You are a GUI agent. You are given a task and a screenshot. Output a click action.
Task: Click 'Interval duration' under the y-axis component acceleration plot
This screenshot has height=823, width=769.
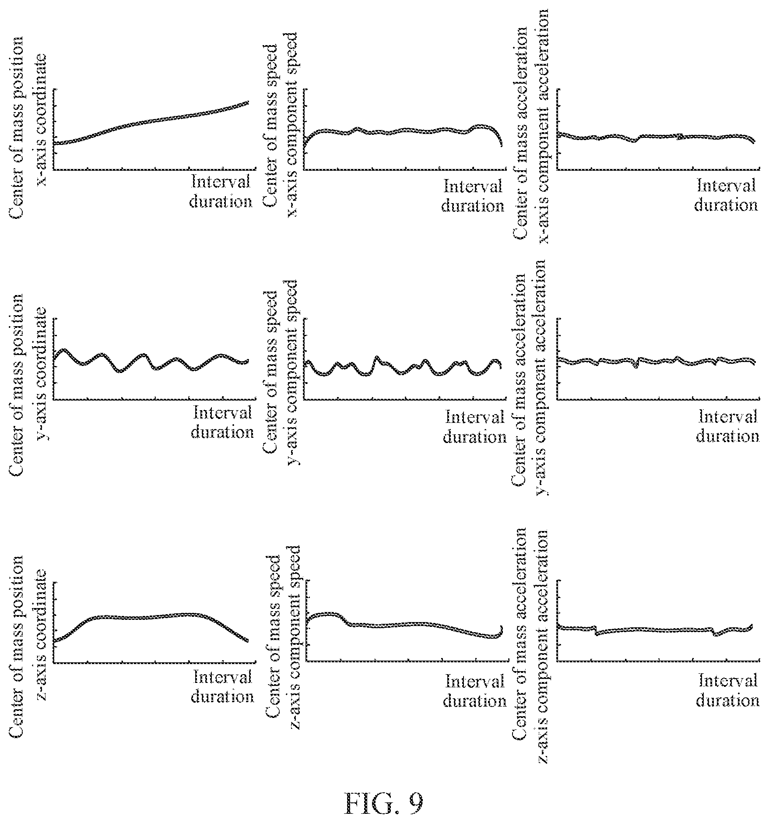pos(727,426)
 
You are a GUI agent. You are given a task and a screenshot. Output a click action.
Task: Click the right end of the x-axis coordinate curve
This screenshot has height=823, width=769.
pos(248,102)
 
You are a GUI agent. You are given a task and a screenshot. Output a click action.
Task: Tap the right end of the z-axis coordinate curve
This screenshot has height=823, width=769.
pos(247,641)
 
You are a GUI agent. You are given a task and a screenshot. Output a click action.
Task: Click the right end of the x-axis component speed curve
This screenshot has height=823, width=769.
pos(501,144)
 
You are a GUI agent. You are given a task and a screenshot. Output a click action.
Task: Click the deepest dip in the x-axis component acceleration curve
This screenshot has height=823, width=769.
pos(633,141)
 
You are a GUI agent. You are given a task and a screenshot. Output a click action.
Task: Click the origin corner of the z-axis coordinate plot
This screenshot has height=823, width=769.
pos(54,663)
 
